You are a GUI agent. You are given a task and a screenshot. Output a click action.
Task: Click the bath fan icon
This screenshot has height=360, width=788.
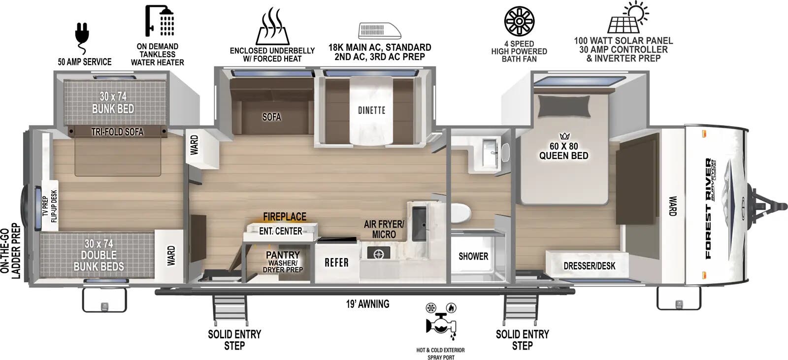tap(519, 21)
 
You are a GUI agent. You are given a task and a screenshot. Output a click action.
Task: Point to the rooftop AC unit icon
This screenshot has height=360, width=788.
tap(379, 31)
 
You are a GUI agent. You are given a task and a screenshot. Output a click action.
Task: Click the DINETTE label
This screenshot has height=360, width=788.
tap(371, 110)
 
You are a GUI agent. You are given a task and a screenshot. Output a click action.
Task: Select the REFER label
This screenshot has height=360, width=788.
tap(336, 262)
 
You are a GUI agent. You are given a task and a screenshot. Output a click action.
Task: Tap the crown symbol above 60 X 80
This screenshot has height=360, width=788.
tap(564, 136)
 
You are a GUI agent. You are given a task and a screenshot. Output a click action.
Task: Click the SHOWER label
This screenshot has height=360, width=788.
tap(473, 256)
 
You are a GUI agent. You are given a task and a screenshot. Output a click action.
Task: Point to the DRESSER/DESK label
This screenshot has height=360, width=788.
tap(589, 266)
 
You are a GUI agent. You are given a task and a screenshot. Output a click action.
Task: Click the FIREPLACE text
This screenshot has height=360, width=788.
tap(284, 217)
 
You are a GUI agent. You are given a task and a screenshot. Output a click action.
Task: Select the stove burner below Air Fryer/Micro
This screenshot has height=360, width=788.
tap(379, 254)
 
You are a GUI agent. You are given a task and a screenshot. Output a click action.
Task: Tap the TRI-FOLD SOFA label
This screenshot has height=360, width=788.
tap(117, 131)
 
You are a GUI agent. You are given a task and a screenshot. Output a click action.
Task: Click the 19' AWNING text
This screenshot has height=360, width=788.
tap(367, 304)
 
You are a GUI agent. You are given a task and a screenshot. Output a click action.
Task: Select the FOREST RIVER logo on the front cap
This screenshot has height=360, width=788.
tap(709, 208)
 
